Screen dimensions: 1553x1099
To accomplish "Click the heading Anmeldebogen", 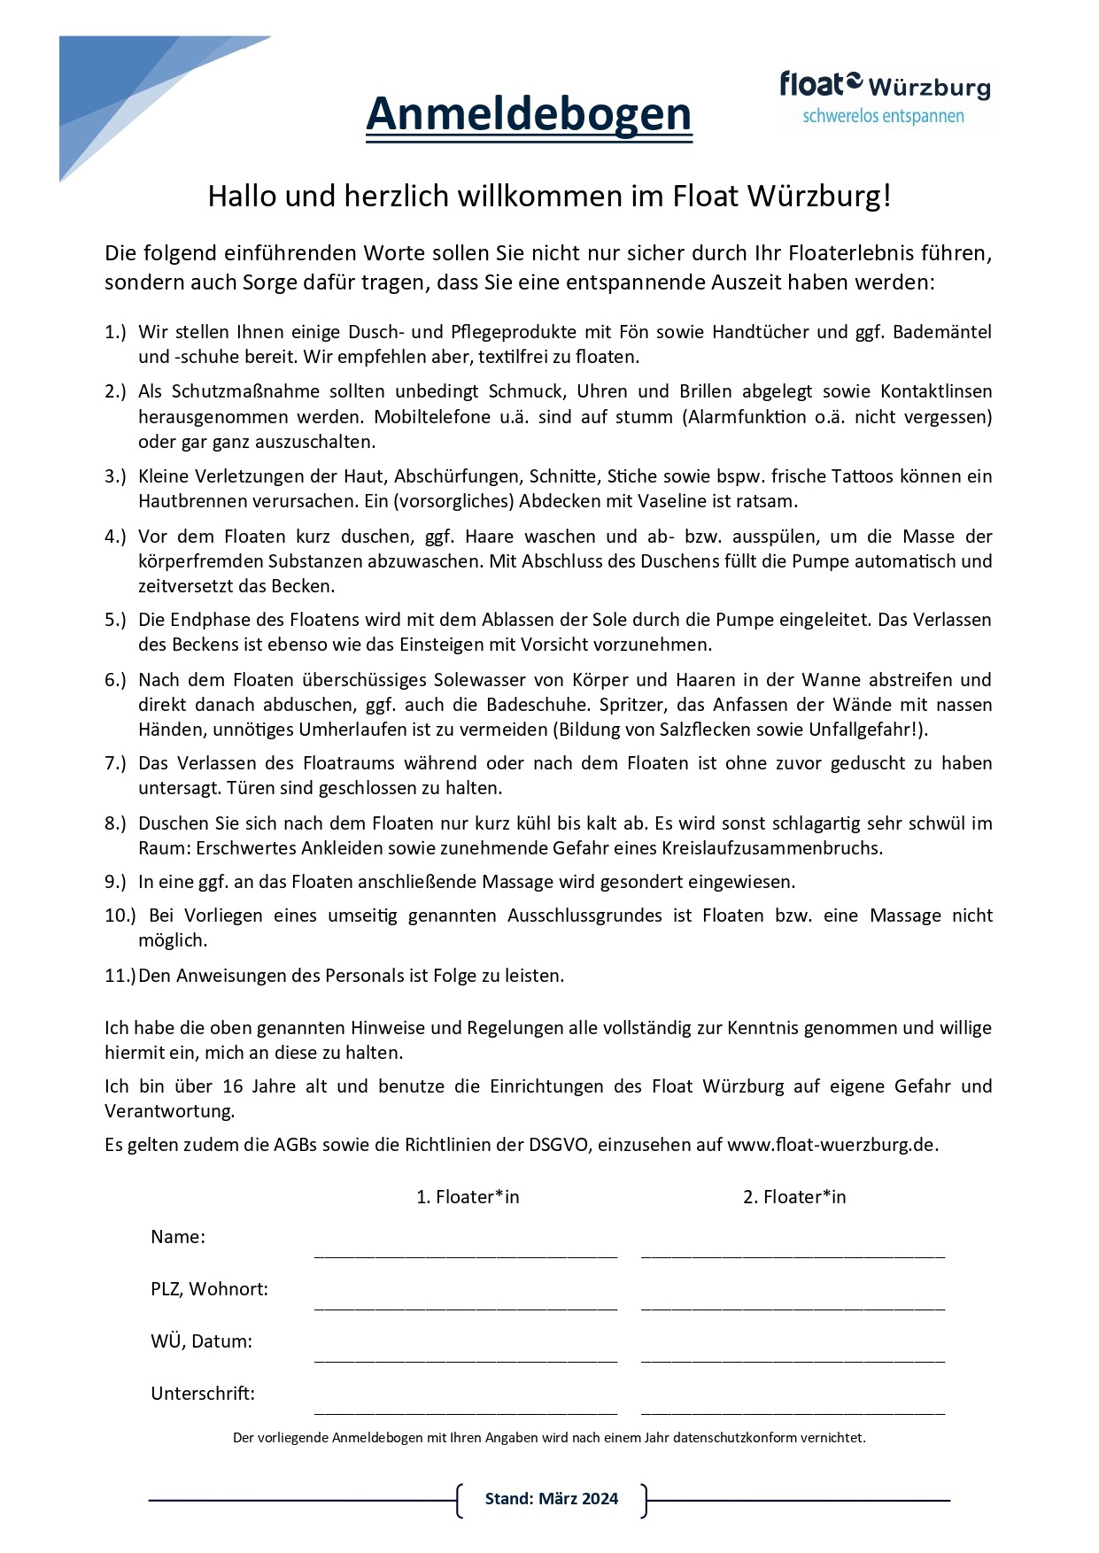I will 529,114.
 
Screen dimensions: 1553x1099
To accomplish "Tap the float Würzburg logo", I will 884,97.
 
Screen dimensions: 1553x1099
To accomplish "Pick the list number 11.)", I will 120,976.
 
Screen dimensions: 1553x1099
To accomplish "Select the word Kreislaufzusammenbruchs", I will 771,848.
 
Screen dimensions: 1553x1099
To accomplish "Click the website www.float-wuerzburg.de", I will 831,1144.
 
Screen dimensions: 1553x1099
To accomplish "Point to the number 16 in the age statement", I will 233,1086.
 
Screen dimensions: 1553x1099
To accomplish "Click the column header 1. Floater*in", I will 468,1197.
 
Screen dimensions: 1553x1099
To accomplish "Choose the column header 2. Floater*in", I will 794,1197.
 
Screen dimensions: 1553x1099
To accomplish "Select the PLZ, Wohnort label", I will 210,1289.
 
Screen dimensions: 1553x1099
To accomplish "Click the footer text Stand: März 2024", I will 552,1499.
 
